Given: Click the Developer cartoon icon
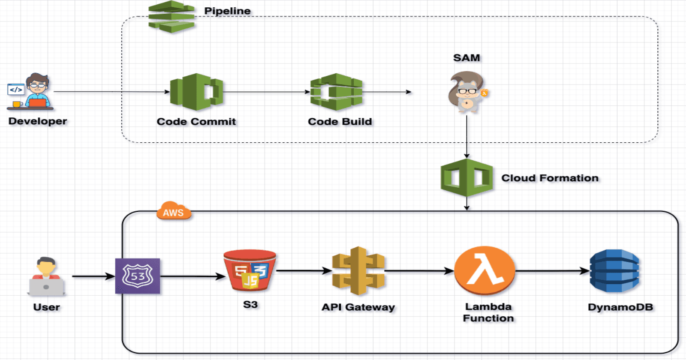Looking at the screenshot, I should coord(31,92).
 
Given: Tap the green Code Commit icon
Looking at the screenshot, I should coord(196,92).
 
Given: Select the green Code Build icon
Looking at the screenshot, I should coord(337,92).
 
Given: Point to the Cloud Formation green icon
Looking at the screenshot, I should coord(466,177).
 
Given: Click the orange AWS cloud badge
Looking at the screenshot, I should coord(174,211).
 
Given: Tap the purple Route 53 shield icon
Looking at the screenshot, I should coord(138,276).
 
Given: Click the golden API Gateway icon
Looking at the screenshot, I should coord(358,271).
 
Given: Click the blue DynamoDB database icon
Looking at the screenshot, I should coord(614,271).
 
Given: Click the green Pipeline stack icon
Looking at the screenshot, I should coord(171,17).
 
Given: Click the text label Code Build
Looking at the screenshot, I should coord(340,122).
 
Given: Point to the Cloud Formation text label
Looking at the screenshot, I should coord(550,178).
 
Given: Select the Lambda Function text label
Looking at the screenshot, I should coord(488,312).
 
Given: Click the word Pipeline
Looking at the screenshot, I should coord(227,11).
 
